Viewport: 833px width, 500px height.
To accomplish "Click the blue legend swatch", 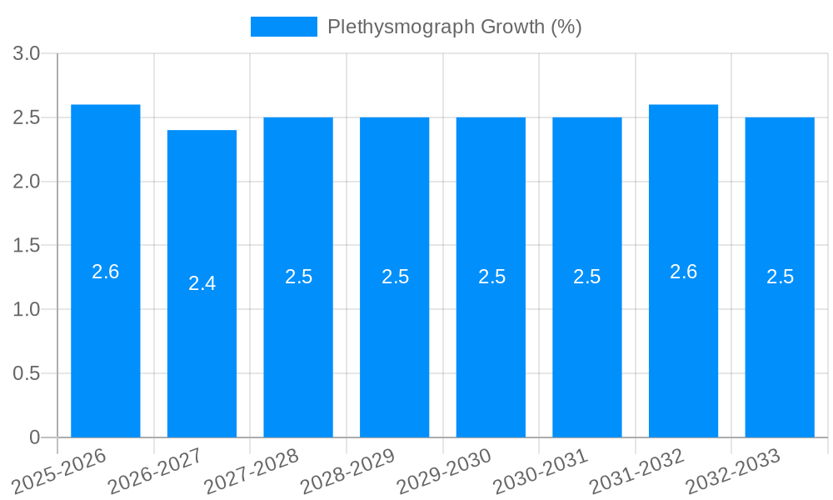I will [284, 27].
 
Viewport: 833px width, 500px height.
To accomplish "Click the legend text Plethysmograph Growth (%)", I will [454, 27].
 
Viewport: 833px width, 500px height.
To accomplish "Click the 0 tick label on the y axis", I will [34, 437].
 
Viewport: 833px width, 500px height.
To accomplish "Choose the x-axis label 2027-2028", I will [252, 472].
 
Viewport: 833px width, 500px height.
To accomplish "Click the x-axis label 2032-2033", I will [733, 472].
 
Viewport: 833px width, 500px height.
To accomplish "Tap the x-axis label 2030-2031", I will [541, 472].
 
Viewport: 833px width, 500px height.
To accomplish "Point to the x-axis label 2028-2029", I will [347, 472].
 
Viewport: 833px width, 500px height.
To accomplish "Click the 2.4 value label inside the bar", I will [202, 283].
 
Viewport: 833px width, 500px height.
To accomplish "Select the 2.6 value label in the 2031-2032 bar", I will [683, 272].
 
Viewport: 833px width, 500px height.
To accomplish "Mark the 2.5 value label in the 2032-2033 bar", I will [780, 277].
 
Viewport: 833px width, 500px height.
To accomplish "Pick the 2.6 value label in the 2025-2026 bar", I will [106, 272].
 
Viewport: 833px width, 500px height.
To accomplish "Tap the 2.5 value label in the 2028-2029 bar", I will [395, 277].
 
